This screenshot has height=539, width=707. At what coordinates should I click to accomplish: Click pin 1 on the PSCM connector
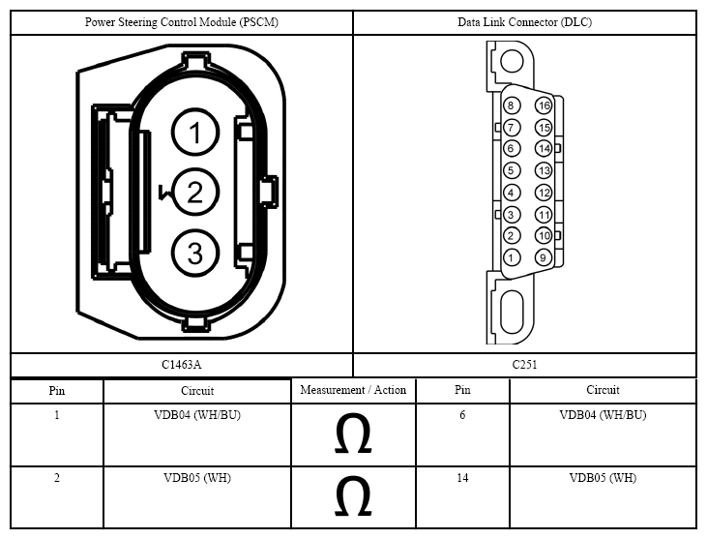tap(195, 133)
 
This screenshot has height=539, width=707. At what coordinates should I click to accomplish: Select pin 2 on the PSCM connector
tap(195, 193)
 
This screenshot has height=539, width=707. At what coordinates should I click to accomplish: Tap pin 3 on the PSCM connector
tap(195, 253)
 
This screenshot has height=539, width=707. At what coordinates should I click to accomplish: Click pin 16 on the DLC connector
tap(544, 105)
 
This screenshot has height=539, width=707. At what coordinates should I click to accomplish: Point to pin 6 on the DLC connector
tap(511, 148)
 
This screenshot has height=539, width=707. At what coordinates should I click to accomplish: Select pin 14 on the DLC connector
tap(544, 148)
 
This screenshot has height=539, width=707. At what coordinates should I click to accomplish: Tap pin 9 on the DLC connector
tap(544, 257)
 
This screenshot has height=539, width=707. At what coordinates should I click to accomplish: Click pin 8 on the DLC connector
tap(511, 105)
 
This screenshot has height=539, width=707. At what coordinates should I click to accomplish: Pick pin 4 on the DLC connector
tap(511, 193)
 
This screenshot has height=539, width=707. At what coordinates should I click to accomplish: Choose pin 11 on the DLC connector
tap(544, 215)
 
